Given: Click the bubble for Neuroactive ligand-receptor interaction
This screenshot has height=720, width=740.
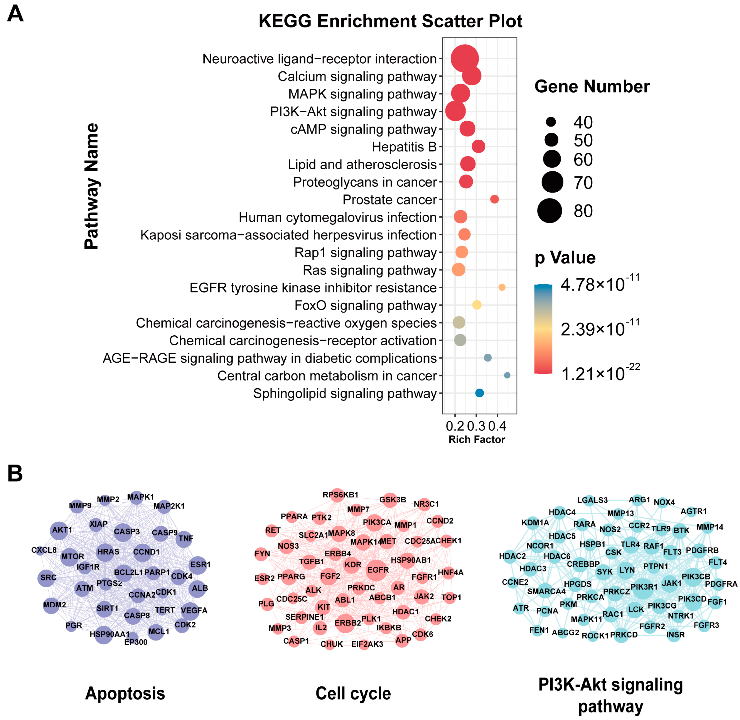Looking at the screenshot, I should pos(464,59).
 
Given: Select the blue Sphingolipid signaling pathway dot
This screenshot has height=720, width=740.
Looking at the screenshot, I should pos(479,393).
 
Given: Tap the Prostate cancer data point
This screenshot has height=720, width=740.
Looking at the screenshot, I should pos(494,199).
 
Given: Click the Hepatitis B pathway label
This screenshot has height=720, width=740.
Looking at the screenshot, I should pos(404,147).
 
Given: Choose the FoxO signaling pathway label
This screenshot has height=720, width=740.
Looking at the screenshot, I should pos(366,305).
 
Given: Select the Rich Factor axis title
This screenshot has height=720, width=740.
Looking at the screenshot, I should pos(477,439).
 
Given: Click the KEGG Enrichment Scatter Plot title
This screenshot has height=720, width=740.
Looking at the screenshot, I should pos(390,21).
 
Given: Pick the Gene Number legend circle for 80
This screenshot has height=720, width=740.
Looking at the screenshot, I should pos(550,211).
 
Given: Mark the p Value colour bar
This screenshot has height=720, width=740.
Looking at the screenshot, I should pos(543,329).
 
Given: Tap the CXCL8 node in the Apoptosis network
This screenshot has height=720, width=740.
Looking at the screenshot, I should pos(40,550).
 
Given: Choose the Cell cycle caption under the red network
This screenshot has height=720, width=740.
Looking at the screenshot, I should pos(353,693).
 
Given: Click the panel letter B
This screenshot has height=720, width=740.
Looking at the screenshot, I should pos(15,473).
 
